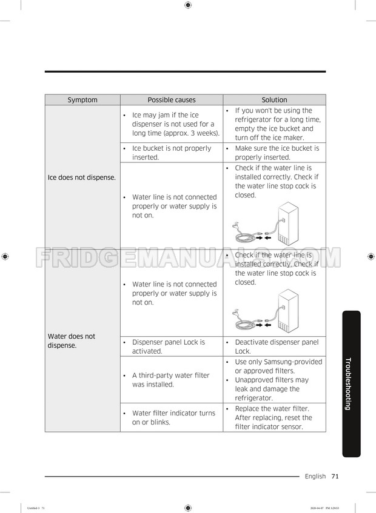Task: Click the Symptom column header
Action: point(82,100)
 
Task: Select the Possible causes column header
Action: point(172,100)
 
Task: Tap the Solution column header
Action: point(274,100)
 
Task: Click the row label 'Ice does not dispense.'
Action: point(81,177)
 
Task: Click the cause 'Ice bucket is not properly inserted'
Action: point(172,153)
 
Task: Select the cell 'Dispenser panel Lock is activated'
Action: point(169,346)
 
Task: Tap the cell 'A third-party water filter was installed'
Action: point(170,380)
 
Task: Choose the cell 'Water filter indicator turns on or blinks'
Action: point(173,417)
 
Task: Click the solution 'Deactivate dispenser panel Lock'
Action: point(277,346)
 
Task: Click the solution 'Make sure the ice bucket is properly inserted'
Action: point(277,153)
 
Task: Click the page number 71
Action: point(335,476)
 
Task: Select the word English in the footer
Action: point(315,476)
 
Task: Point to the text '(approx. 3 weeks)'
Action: point(189,133)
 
